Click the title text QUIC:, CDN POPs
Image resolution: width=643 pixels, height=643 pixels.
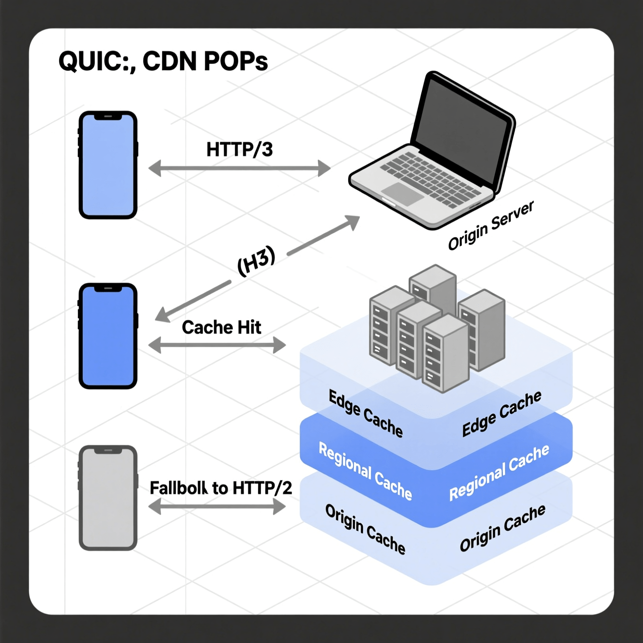pyautogui.click(x=163, y=61)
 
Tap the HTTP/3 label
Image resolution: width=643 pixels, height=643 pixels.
pyautogui.click(x=239, y=150)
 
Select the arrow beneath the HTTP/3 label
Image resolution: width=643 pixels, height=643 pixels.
pyautogui.click(x=239, y=168)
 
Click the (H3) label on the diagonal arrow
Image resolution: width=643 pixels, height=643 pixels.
pyautogui.click(x=256, y=261)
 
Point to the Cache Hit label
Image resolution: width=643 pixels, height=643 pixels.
pyautogui.click(x=221, y=328)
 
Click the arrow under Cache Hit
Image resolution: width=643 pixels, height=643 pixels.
pyautogui.click(x=217, y=345)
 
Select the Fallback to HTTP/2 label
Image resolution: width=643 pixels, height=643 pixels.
pyautogui.click(x=221, y=488)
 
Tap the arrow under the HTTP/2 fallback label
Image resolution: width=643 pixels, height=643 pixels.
pyautogui.click(x=217, y=507)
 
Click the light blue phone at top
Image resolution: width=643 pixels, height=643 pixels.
pyautogui.click(x=108, y=165)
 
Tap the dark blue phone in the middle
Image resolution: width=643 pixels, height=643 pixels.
pyautogui.click(x=108, y=337)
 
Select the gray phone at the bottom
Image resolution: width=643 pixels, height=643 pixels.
pyautogui.click(x=108, y=498)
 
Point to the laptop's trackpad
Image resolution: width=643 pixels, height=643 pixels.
pyautogui.click(x=403, y=193)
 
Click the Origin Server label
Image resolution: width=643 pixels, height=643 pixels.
pyautogui.click(x=490, y=226)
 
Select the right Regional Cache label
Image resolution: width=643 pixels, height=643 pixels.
pyautogui.click(x=499, y=473)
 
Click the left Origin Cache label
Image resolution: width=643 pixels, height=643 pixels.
pyautogui.click(x=365, y=529)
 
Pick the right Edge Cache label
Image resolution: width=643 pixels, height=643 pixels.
pyautogui.click(x=501, y=414)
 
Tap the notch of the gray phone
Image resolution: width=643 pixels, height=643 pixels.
pyautogui.click(x=108, y=451)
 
